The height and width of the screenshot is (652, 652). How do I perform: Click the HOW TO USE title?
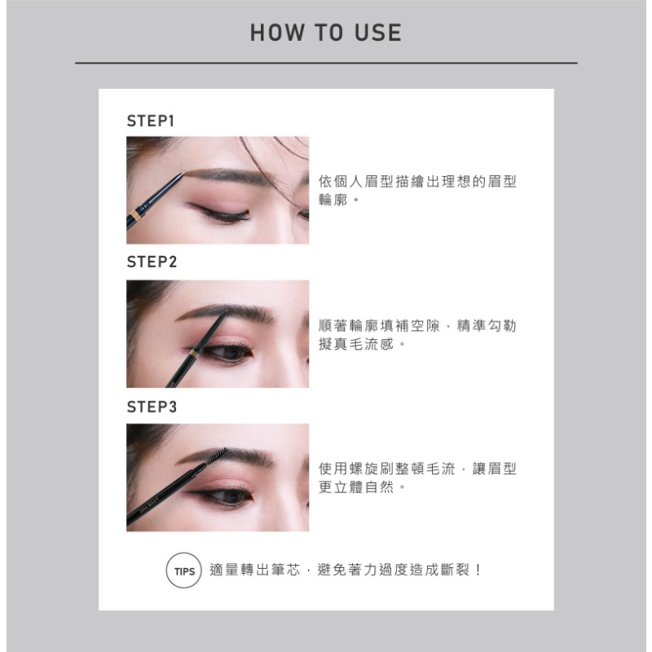coord(326,33)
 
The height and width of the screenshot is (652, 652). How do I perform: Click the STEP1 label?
coord(152,121)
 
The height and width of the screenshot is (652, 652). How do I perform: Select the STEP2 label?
coord(152,262)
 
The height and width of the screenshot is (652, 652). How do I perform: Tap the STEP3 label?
coord(152,406)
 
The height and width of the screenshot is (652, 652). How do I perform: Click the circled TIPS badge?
coord(183,570)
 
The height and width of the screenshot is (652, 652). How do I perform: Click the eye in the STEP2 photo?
coord(231,352)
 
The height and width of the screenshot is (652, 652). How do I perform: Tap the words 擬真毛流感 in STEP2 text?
coord(357,346)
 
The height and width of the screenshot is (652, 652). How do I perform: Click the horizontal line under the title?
coord(326,63)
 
